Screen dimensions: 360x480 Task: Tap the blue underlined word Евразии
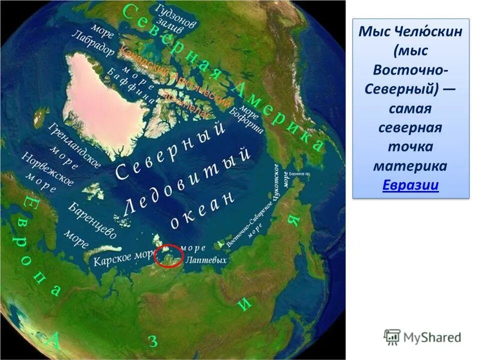[410, 185]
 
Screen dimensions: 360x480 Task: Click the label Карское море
[121, 257]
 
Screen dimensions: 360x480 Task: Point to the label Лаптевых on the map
[206, 260]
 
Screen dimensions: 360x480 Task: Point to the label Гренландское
[75, 145]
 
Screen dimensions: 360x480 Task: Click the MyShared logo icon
[392, 337]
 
